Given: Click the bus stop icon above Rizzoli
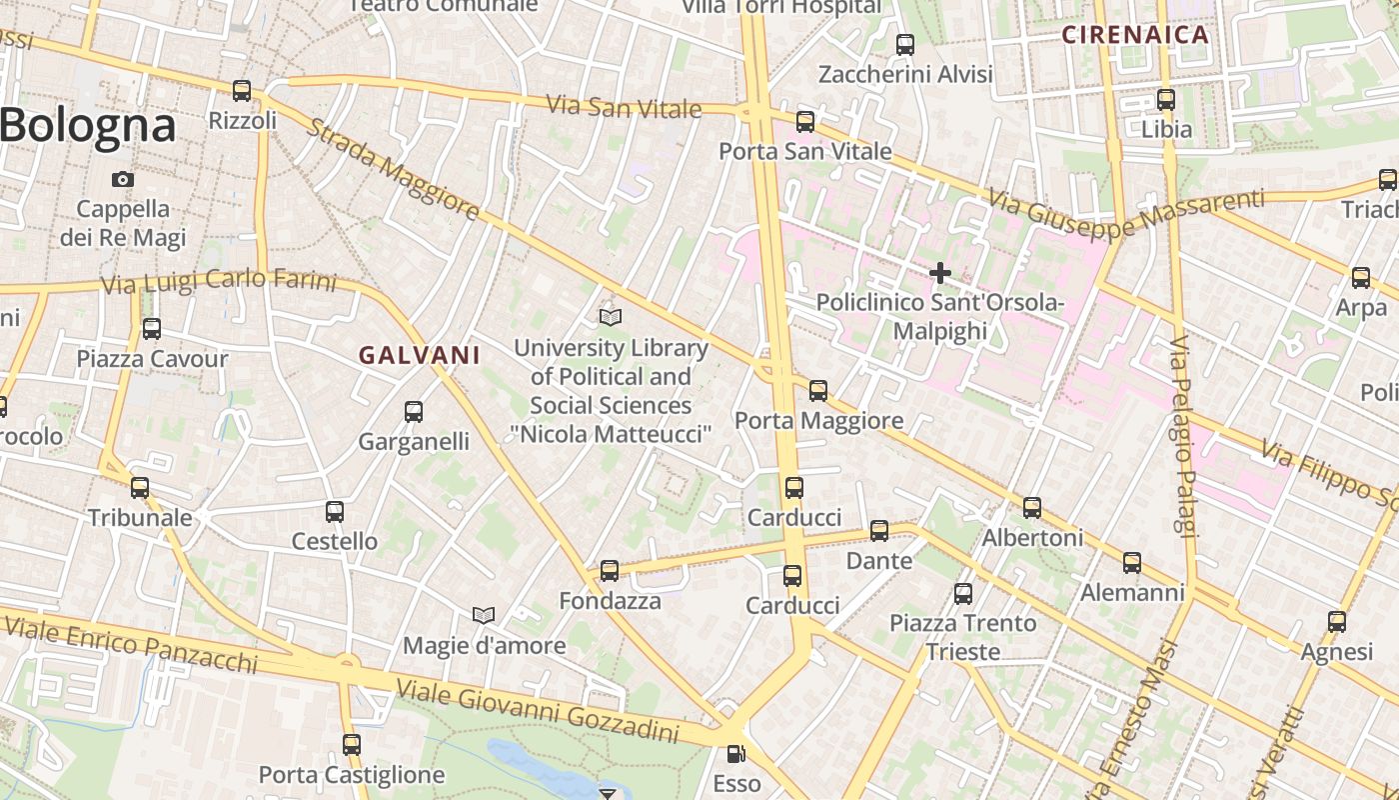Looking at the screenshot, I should [241, 91].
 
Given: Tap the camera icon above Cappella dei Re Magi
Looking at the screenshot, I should [123, 180].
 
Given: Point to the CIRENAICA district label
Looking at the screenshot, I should [1135, 35].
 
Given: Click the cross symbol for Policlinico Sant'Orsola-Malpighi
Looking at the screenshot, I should [939, 272].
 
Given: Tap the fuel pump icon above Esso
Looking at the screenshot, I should [735, 754].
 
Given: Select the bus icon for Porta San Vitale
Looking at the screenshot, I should [805, 122].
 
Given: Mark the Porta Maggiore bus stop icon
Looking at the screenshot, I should [818, 391].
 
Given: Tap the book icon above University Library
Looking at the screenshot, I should [611, 318].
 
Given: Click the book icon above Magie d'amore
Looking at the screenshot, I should [484, 615].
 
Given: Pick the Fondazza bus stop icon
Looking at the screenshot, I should [609, 571].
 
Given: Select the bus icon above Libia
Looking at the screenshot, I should [1166, 99].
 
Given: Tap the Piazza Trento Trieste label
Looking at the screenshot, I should [963, 637].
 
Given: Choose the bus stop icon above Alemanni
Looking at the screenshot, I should [1132, 563].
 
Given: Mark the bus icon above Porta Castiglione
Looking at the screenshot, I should [352, 745].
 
